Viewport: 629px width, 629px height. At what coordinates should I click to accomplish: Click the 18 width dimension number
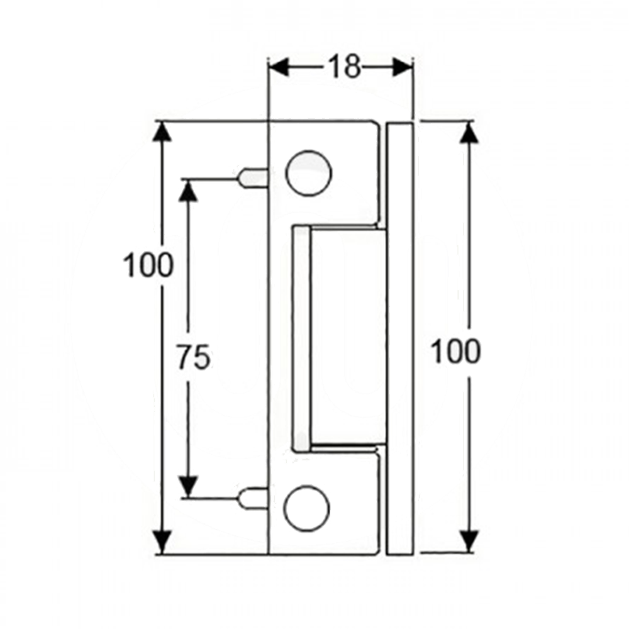344,67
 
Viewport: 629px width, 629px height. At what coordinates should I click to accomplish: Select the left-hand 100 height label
148,265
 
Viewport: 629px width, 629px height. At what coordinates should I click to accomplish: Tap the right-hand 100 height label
455,351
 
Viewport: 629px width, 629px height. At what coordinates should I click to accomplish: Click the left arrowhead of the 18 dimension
279,67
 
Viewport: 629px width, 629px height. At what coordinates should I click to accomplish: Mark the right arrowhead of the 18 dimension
403,67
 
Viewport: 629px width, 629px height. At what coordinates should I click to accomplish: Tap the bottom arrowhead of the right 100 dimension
469,540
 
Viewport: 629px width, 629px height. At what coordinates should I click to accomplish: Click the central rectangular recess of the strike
347,337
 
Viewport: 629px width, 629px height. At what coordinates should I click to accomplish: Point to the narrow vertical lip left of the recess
301,338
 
